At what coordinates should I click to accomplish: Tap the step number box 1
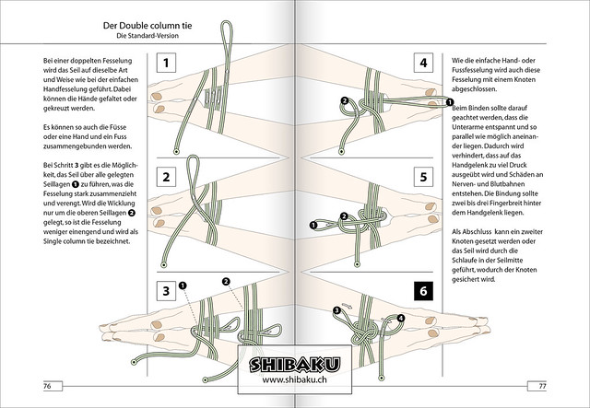(x=165, y=63)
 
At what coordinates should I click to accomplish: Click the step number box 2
(x=165, y=177)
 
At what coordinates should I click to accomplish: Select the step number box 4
(x=422, y=63)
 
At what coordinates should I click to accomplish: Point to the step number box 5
(x=422, y=177)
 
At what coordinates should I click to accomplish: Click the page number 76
(x=44, y=384)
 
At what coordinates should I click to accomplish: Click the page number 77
(x=545, y=384)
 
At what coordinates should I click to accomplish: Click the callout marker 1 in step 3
(x=183, y=286)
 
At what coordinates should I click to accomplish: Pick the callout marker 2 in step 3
(x=225, y=281)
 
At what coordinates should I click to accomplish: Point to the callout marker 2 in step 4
(x=344, y=100)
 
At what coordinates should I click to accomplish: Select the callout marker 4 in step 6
(x=400, y=319)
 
